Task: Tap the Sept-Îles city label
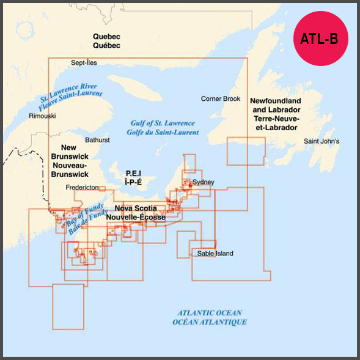(84, 62)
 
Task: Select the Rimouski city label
(42, 116)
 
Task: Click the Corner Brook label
(221, 98)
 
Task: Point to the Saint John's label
(321, 142)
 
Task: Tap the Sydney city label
(203, 182)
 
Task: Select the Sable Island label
(215, 254)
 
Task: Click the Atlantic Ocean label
(210, 317)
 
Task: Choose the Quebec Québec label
(106, 41)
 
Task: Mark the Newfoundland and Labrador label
(274, 114)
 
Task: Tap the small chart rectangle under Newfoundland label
(246, 152)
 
